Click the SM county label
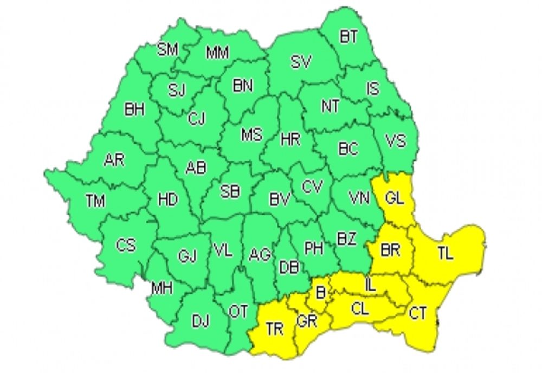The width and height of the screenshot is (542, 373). (x=168, y=50)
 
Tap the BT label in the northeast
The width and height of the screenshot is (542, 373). (x=349, y=37)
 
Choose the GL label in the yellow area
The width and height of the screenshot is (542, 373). (x=395, y=198)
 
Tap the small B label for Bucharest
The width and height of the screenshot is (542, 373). (x=320, y=293)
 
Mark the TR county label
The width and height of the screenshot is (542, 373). (x=275, y=328)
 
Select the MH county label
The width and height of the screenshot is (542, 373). (x=161, y=289)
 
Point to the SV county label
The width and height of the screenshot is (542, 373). (x=301, y=62)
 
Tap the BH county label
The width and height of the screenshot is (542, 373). (x=134, y=110)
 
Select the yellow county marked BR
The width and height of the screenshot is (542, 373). (x=391, y=250)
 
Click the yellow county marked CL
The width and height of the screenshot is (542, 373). (x=359, y=309)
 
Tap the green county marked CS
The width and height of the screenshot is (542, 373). (x=126, y=245)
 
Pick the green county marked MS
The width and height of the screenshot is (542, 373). (x=251, y=134)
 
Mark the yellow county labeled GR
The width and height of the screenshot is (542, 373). (x=307, y=321)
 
